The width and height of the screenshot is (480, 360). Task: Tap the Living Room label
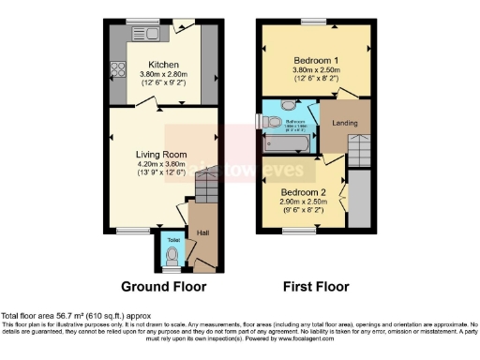tap(161, 155)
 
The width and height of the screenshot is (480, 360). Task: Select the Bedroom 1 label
tap(314, 59)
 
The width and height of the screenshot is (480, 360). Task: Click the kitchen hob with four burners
tap(120, 68)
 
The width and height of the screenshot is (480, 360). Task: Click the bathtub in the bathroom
tap(292, 144)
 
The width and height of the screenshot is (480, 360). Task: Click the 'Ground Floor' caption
tap(164, 286)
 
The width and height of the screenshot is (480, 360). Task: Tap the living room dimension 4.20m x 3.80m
tap(161, 165)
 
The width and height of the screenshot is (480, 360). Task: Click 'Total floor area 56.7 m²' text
tap(56, 316)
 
